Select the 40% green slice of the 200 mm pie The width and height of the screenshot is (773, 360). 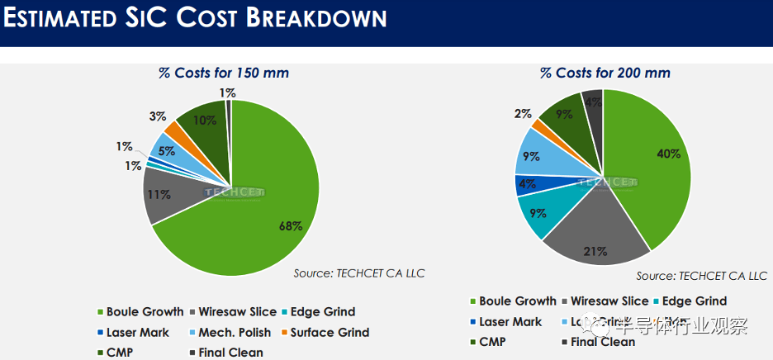652,165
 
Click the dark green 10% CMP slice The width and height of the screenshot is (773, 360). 202,124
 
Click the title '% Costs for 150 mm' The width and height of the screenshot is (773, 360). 223,73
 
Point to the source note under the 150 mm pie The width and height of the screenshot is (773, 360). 359,273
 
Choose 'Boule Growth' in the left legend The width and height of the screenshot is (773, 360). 145,311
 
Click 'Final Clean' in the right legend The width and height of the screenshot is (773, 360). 602,341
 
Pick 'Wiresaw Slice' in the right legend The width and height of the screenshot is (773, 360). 609,301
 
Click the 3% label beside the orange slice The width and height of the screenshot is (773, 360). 157,116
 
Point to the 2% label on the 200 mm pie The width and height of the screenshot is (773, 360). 523,114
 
